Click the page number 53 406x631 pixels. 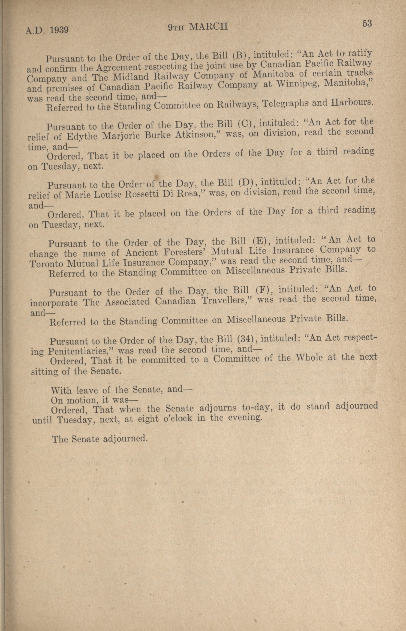tap(367, 24)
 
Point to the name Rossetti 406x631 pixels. tap(143, 195)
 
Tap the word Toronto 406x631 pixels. tap(46, 264)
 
